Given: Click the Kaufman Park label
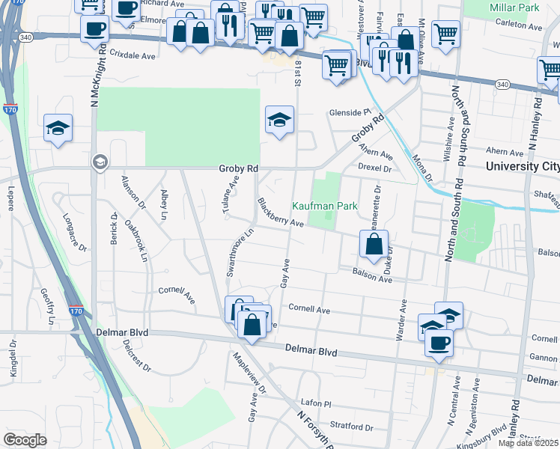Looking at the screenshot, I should (x=323, y=206).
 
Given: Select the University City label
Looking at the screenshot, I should (x=522, y=166).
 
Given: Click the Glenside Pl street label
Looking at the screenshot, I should (x=350, y=113).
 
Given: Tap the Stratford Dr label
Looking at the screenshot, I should (x=349, y=427).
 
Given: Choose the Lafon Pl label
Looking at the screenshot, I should (x=314, y=402).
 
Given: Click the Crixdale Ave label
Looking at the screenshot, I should (x=132, y=55).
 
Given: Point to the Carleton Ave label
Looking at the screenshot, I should (x=522, y=27).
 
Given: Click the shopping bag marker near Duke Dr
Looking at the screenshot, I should (x=374, y=244).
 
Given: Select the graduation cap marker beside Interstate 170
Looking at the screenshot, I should (x=58, y=128).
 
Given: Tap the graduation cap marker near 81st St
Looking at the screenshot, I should (x=279, y=119).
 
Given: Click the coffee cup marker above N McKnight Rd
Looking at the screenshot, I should (x=94, y=28).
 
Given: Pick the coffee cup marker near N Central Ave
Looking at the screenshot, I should (x=439, y=343).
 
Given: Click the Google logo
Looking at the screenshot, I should (x=25, y=440).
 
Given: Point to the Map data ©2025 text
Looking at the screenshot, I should (x=528, y=443).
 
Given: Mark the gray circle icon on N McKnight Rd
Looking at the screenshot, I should (x=99, y=162).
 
